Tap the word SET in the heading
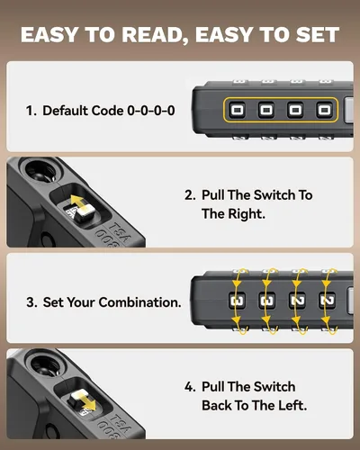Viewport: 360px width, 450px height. pos(318,34)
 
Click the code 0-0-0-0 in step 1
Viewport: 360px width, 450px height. pos(151,111)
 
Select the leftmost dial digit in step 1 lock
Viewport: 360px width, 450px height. pos(237,110)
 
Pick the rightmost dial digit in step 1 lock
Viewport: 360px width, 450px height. pos(324,110)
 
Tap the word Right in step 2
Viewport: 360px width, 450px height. pos(246,214)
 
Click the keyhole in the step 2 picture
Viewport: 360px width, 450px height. pos(44,172)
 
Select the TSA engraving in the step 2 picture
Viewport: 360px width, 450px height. pos(120,232)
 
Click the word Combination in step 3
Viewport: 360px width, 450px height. pos(139,302)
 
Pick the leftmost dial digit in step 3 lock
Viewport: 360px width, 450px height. pos(237,301)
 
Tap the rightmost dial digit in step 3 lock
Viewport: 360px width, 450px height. pos(327,301)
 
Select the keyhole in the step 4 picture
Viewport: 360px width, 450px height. pos(45,364)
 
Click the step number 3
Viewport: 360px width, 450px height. pos(31,302)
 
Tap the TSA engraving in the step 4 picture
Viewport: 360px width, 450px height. pos(120,424)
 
